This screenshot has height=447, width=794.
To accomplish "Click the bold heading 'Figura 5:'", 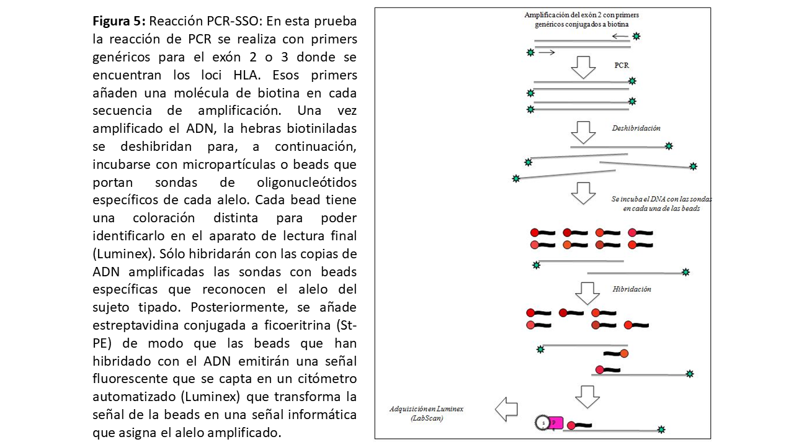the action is [x=116, y=22].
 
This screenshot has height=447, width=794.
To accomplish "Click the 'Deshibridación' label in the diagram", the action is [x=636, y=128].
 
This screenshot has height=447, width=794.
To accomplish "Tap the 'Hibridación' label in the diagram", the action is [x=631, y=289].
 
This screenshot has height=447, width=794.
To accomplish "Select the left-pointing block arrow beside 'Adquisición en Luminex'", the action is [x=506, y=409].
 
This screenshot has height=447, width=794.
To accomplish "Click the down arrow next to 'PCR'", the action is [x=582, y=66].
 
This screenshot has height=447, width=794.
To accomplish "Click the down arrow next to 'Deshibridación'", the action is [x=582, y=131].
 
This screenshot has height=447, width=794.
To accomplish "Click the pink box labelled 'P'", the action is [x=556, y=423].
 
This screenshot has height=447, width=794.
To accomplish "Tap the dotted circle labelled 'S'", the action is [x=542, y=423].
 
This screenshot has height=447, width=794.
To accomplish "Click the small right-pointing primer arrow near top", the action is [x=546, y=53].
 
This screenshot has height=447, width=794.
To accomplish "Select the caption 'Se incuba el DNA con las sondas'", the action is [x=661, y=199].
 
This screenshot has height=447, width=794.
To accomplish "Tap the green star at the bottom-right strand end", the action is [x=661, y=429].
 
